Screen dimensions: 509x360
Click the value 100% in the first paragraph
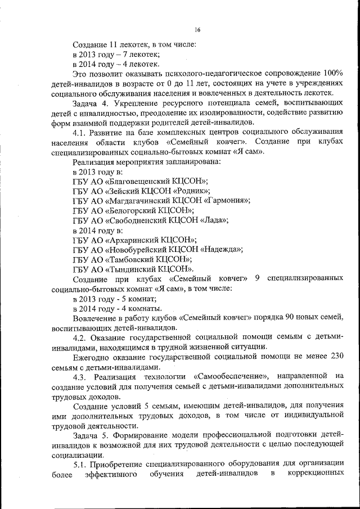pyautogui.click(x=334, y=73)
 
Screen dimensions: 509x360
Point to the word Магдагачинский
pyautogui.click(x=136, y=200)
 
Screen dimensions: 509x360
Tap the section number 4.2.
pyautogui.click(x=80, y=337)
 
